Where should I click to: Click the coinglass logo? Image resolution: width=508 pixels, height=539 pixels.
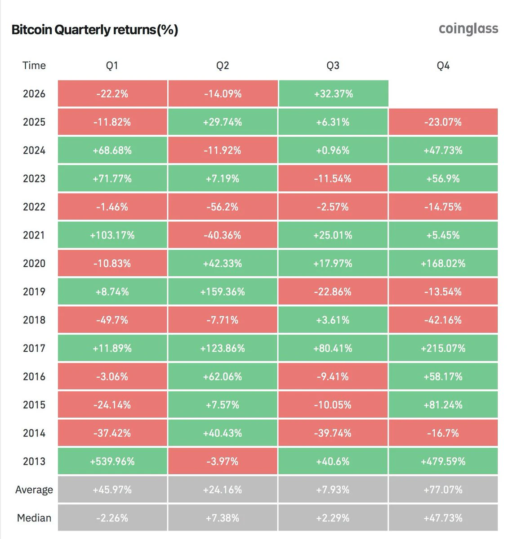468,29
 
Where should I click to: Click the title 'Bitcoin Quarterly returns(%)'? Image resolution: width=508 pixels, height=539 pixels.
95,30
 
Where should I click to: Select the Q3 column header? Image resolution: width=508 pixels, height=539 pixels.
333,66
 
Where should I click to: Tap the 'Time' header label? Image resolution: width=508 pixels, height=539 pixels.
34,66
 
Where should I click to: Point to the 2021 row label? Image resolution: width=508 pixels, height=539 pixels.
34,235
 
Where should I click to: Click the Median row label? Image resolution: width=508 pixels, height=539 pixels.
34,518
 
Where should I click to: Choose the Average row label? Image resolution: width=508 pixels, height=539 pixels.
34,490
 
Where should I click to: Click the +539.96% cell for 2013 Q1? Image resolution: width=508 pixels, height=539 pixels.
112,461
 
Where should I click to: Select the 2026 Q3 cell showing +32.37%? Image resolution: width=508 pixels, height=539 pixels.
334,93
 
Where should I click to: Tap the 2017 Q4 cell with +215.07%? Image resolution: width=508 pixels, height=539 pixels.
443,348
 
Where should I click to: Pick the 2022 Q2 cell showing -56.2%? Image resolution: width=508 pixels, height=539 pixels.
223,207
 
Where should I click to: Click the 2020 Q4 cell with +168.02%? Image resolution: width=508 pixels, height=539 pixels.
443,263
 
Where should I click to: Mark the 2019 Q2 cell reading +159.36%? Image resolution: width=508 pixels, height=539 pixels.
223,292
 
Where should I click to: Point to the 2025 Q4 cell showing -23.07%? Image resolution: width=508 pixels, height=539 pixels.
443,122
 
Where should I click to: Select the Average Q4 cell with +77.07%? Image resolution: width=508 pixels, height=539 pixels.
443,490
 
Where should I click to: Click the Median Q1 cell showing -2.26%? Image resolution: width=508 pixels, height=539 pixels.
112,518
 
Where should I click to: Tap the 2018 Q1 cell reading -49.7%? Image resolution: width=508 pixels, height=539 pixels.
112,320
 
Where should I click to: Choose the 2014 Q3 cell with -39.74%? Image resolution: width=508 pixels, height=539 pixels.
333,433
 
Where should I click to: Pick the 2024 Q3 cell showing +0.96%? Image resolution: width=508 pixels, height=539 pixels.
333,150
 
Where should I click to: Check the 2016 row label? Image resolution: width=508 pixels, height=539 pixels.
34,376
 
